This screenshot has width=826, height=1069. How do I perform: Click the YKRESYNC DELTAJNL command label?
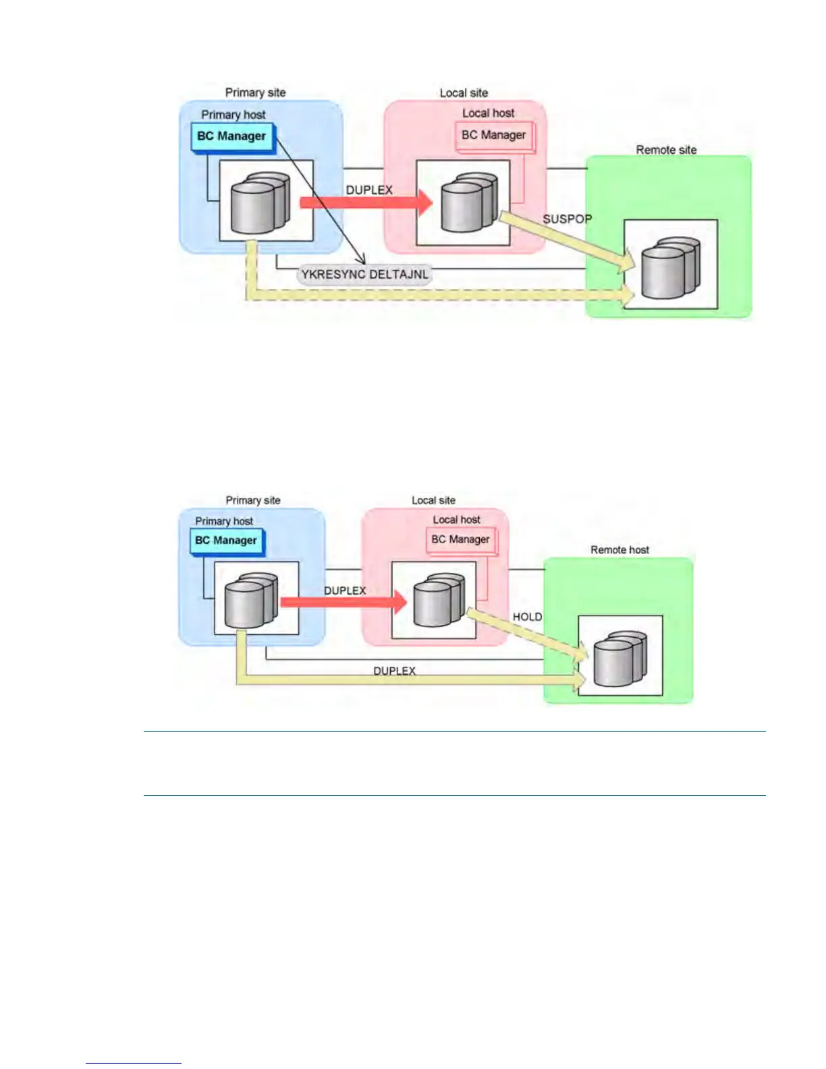[364, 275]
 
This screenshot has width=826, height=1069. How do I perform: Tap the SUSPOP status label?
[567, 219]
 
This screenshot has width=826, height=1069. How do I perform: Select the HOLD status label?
[527, 617]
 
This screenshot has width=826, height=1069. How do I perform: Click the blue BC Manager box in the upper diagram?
[231, 136]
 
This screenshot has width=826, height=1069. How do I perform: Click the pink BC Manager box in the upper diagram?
[493, 136]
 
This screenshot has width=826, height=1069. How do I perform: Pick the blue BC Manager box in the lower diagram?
[226, 541]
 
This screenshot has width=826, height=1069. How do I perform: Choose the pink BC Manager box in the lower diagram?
[460, 540]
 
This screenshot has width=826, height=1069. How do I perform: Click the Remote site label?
[666, 150]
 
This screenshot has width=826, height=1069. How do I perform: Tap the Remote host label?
[619, 550]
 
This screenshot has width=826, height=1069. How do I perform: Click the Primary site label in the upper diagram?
[255, 93]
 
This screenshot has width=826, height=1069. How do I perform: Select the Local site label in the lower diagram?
[433, 501]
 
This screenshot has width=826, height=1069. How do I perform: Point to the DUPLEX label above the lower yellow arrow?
[394, 671]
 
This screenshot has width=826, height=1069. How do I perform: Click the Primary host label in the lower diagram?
[224, 521]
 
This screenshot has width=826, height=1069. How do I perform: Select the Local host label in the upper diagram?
[488, 113]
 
